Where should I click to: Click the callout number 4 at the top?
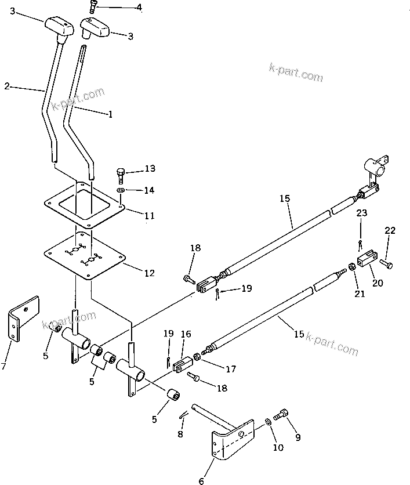click(138, 8)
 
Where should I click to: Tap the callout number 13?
click(150, 169)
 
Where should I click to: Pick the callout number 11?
click(150, 216)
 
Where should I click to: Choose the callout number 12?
click(150, 272)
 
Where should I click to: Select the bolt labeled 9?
click(283, 415)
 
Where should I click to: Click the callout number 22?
click(390, 230)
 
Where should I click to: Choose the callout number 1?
click(110, 114)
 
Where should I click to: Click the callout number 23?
click(362, 213)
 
